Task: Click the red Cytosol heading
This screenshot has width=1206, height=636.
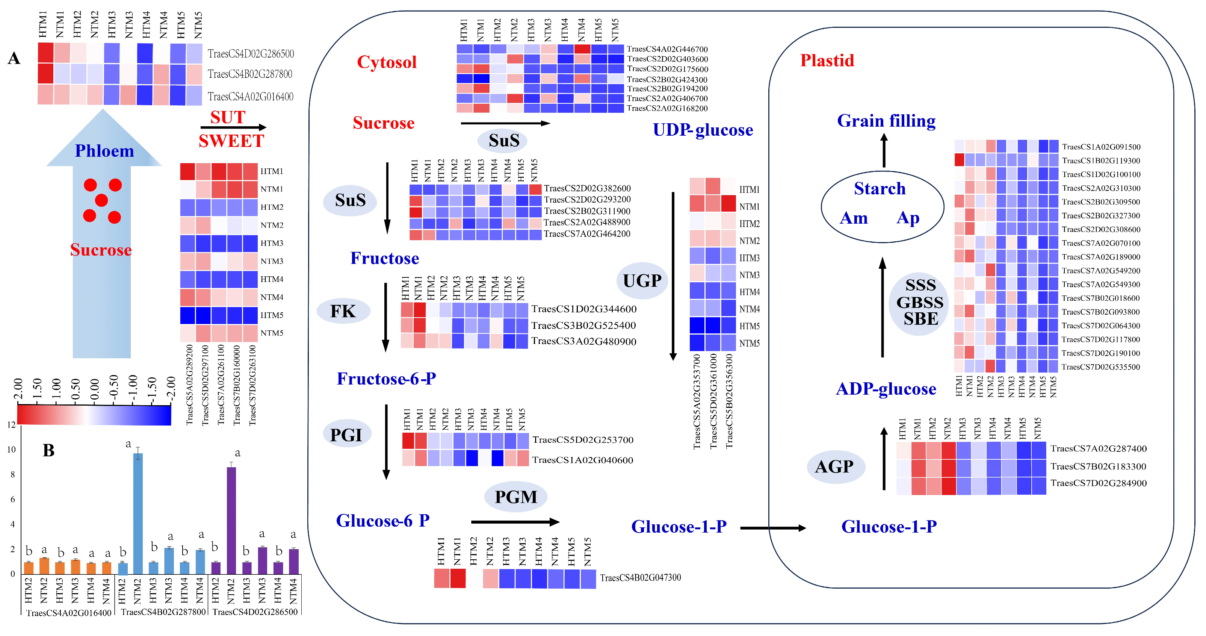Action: (x=386, y=62)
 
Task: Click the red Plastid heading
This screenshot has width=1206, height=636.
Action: (x=827, y=61)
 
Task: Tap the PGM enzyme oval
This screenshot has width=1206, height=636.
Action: (x=515, y=497)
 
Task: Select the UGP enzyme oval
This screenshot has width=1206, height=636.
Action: (x=642, y=280)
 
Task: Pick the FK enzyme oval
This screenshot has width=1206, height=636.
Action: (x=343, y=311)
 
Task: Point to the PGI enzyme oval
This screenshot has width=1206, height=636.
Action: (x=346, y=435)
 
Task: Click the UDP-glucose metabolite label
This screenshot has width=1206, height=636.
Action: (x=703, y=130)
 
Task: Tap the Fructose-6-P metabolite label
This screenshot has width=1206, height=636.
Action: (x=386, y=379)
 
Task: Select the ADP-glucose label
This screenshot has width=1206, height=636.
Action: (x=886, y=389)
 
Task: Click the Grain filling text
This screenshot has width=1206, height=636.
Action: (x=886, y=121)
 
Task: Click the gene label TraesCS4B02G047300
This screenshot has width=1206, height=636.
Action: (x=640, y=577)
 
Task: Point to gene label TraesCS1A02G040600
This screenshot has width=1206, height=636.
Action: (x=582, y=460)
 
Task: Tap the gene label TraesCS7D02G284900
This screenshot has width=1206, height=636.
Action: (x=1098, y=483)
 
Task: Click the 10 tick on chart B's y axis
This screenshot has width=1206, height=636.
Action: (x=11, y=450)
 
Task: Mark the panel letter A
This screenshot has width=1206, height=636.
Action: (x=14, y=59)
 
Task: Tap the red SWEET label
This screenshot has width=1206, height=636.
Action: (x=231, y=141)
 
